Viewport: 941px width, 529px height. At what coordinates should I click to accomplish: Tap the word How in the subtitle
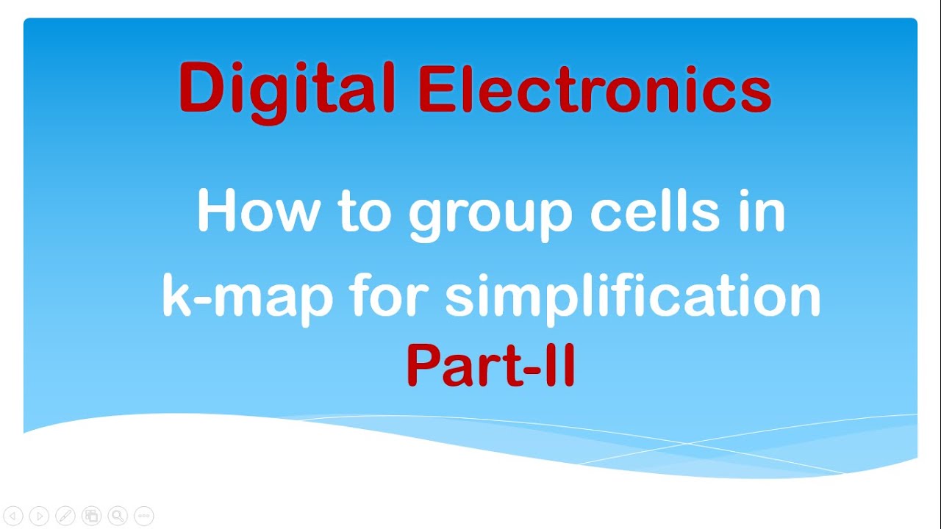(x=258, y=212)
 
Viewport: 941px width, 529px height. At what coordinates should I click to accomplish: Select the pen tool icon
(x=65, y=516)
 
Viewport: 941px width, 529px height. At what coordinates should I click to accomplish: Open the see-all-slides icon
(x=91, y=516)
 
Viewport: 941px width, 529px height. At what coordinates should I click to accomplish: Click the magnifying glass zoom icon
(x=118, y=516)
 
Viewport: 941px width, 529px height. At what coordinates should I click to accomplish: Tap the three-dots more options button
(x=144, y=516)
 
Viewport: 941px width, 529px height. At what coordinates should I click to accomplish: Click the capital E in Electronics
(x=435, y=91)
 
